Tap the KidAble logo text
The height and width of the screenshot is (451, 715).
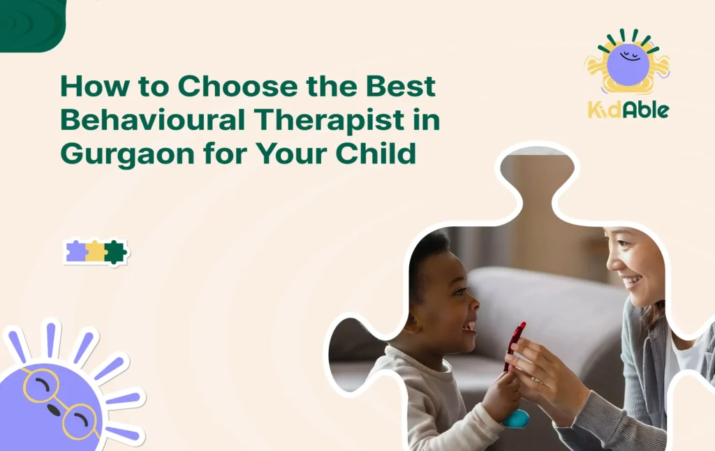(628, 110)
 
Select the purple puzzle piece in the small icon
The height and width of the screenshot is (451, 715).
(75, 252)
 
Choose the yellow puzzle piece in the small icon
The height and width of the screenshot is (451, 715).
(95, 252)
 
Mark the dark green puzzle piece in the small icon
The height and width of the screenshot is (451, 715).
(115, 252)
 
